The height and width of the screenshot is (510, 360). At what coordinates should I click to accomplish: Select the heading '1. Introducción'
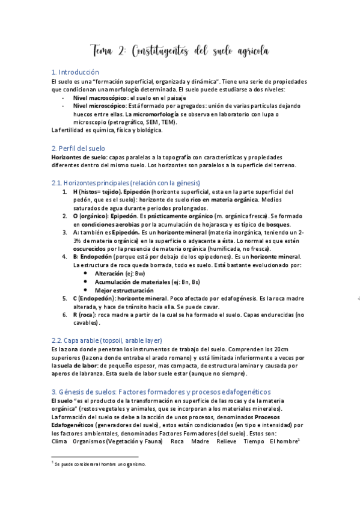coord(75,71)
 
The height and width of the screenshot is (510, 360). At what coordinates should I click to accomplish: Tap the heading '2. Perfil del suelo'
coord(78,148)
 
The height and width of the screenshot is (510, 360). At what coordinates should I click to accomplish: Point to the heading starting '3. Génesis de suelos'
coord(161,392)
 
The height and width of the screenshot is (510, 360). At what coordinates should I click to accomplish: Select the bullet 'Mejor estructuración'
coord(124,290)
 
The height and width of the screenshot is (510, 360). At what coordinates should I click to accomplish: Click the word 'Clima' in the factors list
coord(59,441)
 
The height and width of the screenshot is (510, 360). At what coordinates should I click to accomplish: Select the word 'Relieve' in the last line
coord(227,441)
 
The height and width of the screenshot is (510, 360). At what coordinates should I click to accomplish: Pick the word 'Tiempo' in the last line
coord(254,441)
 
